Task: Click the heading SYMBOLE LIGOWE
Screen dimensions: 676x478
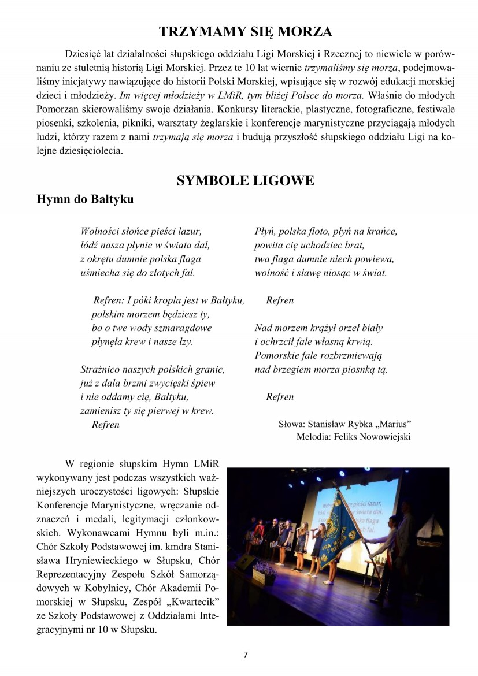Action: click(246, 181)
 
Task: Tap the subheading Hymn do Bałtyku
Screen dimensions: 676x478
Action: click(84, 199)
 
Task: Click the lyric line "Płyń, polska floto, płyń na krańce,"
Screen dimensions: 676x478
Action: click(325, 232)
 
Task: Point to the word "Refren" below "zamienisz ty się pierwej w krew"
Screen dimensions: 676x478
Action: click(106, 425)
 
